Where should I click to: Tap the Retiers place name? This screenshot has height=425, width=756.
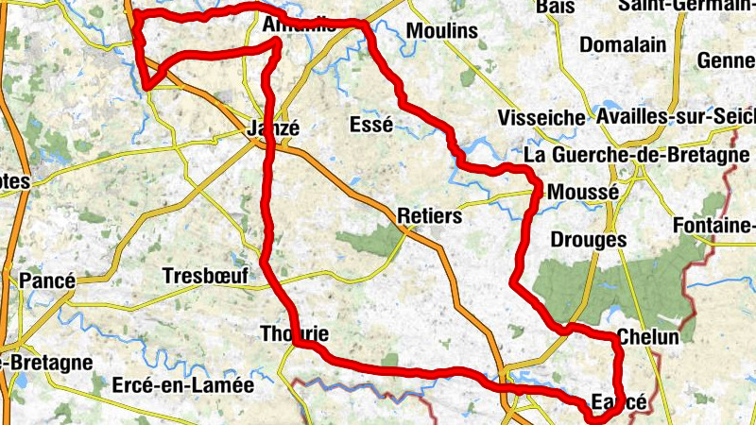(x=430, y=216)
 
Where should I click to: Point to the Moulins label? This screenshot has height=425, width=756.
(x=441, y=31)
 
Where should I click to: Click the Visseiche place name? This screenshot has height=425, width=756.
(x=541, y=118)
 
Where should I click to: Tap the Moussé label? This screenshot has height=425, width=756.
(x=582, y=191)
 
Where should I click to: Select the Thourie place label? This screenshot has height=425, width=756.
(x=294, y=333)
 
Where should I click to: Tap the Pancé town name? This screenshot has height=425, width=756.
(x=47, y=281)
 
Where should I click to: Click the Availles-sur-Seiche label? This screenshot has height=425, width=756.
(x=676, y=116)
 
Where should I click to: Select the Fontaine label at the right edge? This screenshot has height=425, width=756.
(x=714, y=226)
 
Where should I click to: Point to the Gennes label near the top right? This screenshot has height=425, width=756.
(x=726, y=60)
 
